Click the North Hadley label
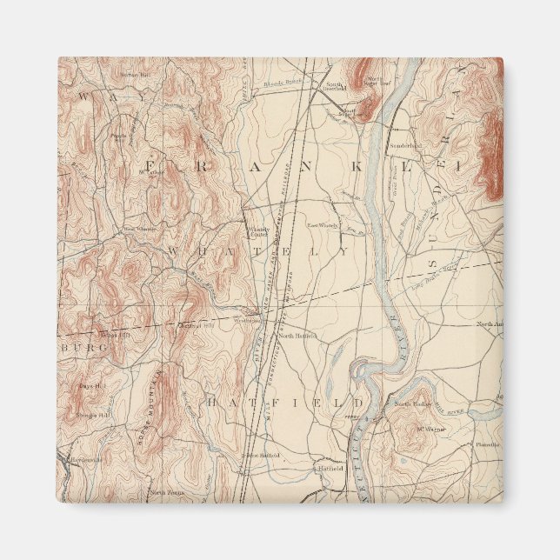413,404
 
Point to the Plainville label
487,444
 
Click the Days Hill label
91,385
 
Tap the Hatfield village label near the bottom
330,467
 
